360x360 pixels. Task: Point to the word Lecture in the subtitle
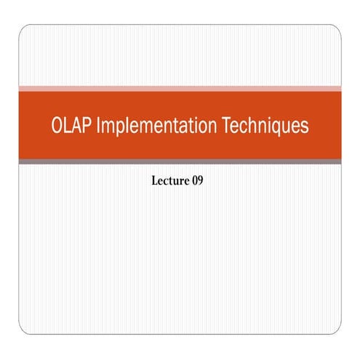coord(168,178)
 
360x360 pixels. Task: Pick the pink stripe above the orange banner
coord(180,88)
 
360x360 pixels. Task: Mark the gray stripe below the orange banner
coord(180,161)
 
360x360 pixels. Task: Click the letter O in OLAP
coord(59,126)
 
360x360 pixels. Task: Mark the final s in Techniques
coord(305,127)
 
